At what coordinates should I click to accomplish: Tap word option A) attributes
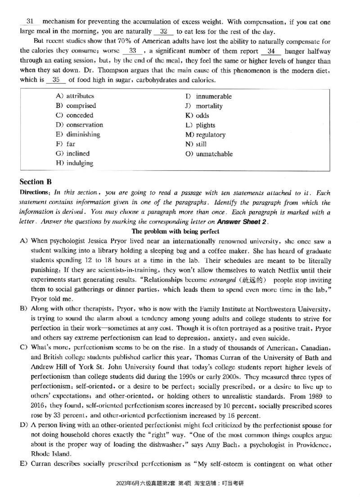pyautogui.click(x=75, y=96)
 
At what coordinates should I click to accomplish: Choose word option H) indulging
pyautogui.click(x=75, y=163)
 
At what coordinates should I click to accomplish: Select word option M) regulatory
pyautogui.click(x=205, y=135)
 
